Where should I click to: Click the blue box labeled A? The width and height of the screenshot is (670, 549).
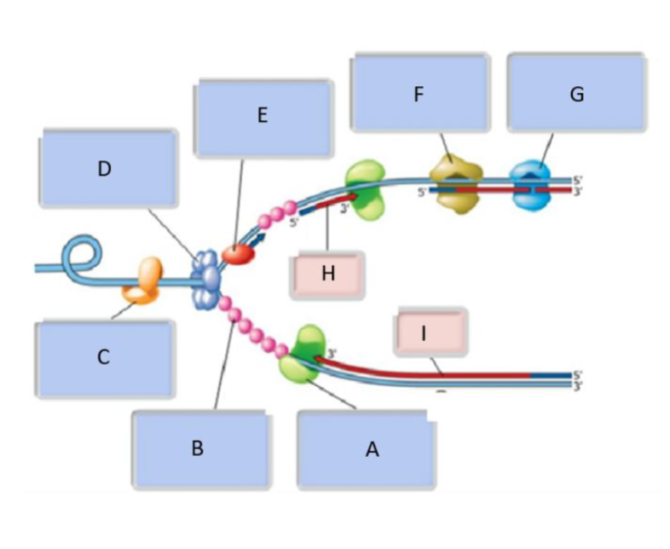(371, 449)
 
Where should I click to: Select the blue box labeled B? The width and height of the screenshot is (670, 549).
(198, 449)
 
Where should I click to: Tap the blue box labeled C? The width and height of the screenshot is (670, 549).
(104, 358)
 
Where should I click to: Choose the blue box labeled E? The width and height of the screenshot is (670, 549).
(263, 118)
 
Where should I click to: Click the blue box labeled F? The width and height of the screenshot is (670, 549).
(419, 94)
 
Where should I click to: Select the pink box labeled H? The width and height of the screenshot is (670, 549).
(327, 274)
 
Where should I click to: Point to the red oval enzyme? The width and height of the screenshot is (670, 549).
(238, 253)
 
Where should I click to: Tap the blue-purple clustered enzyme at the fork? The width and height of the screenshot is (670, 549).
(206, 277)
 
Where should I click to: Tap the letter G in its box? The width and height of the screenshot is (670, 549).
(577, 95)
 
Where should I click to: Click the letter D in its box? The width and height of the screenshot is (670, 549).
(104, 169)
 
